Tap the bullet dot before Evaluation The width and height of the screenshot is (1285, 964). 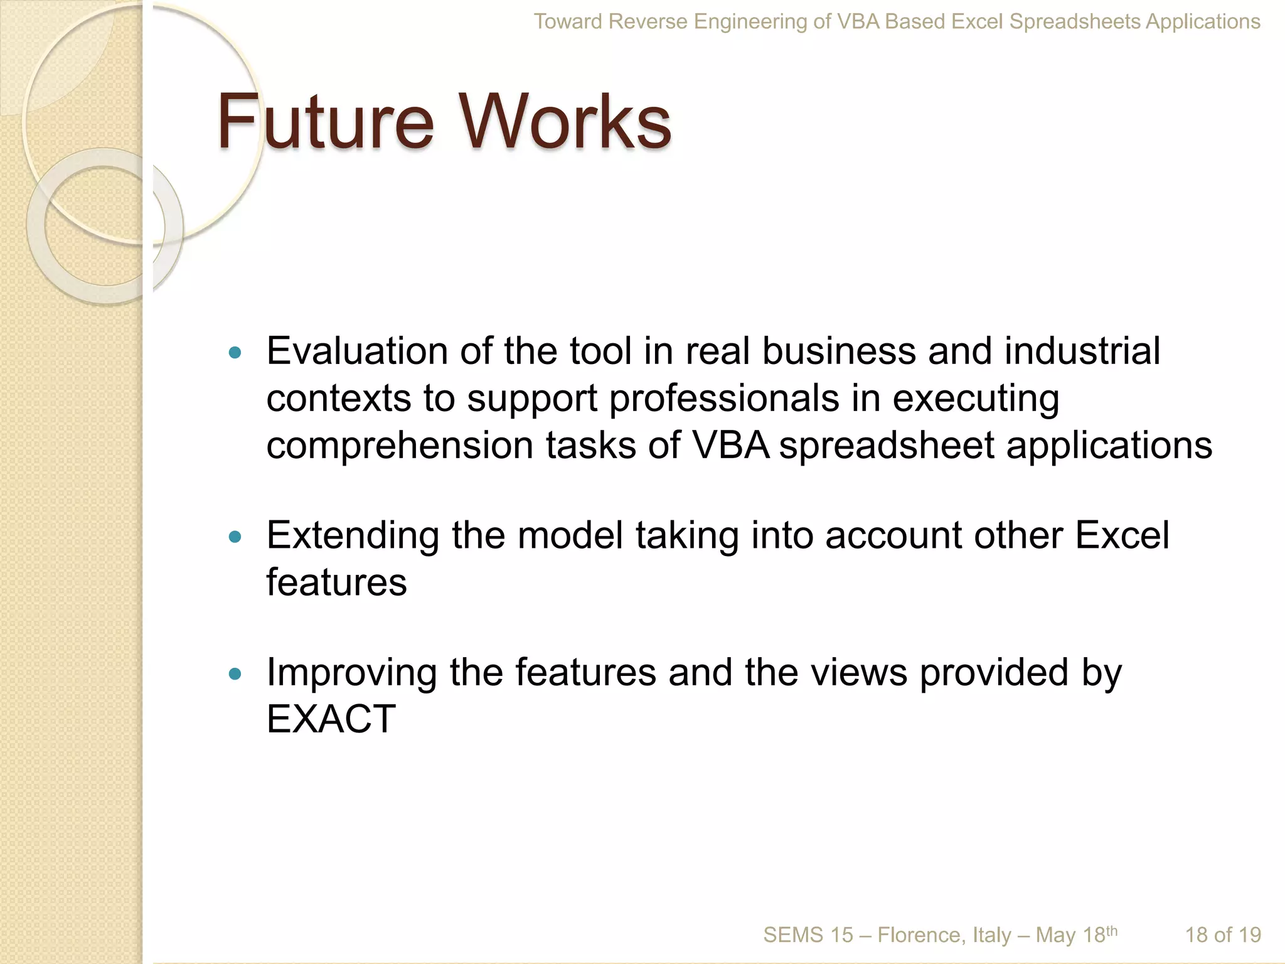click(235, 353)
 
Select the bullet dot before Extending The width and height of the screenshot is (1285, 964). click(235, 537)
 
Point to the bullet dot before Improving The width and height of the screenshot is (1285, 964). click(235, 674)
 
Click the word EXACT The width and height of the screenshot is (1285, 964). click(331, 719)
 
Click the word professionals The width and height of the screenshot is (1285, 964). click(724, 399)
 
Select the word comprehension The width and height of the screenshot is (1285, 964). click(400, 446)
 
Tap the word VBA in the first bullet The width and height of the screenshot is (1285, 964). click(730, 446)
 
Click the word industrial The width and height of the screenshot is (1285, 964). click(1082, 351)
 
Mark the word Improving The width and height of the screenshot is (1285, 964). click(351, 673)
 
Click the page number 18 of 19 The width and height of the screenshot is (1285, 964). click(1222, 935)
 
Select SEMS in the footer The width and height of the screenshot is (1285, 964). click(792, 935)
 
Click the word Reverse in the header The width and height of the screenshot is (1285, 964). click(648, 22)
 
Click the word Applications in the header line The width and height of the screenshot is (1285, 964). click(1203, 22)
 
